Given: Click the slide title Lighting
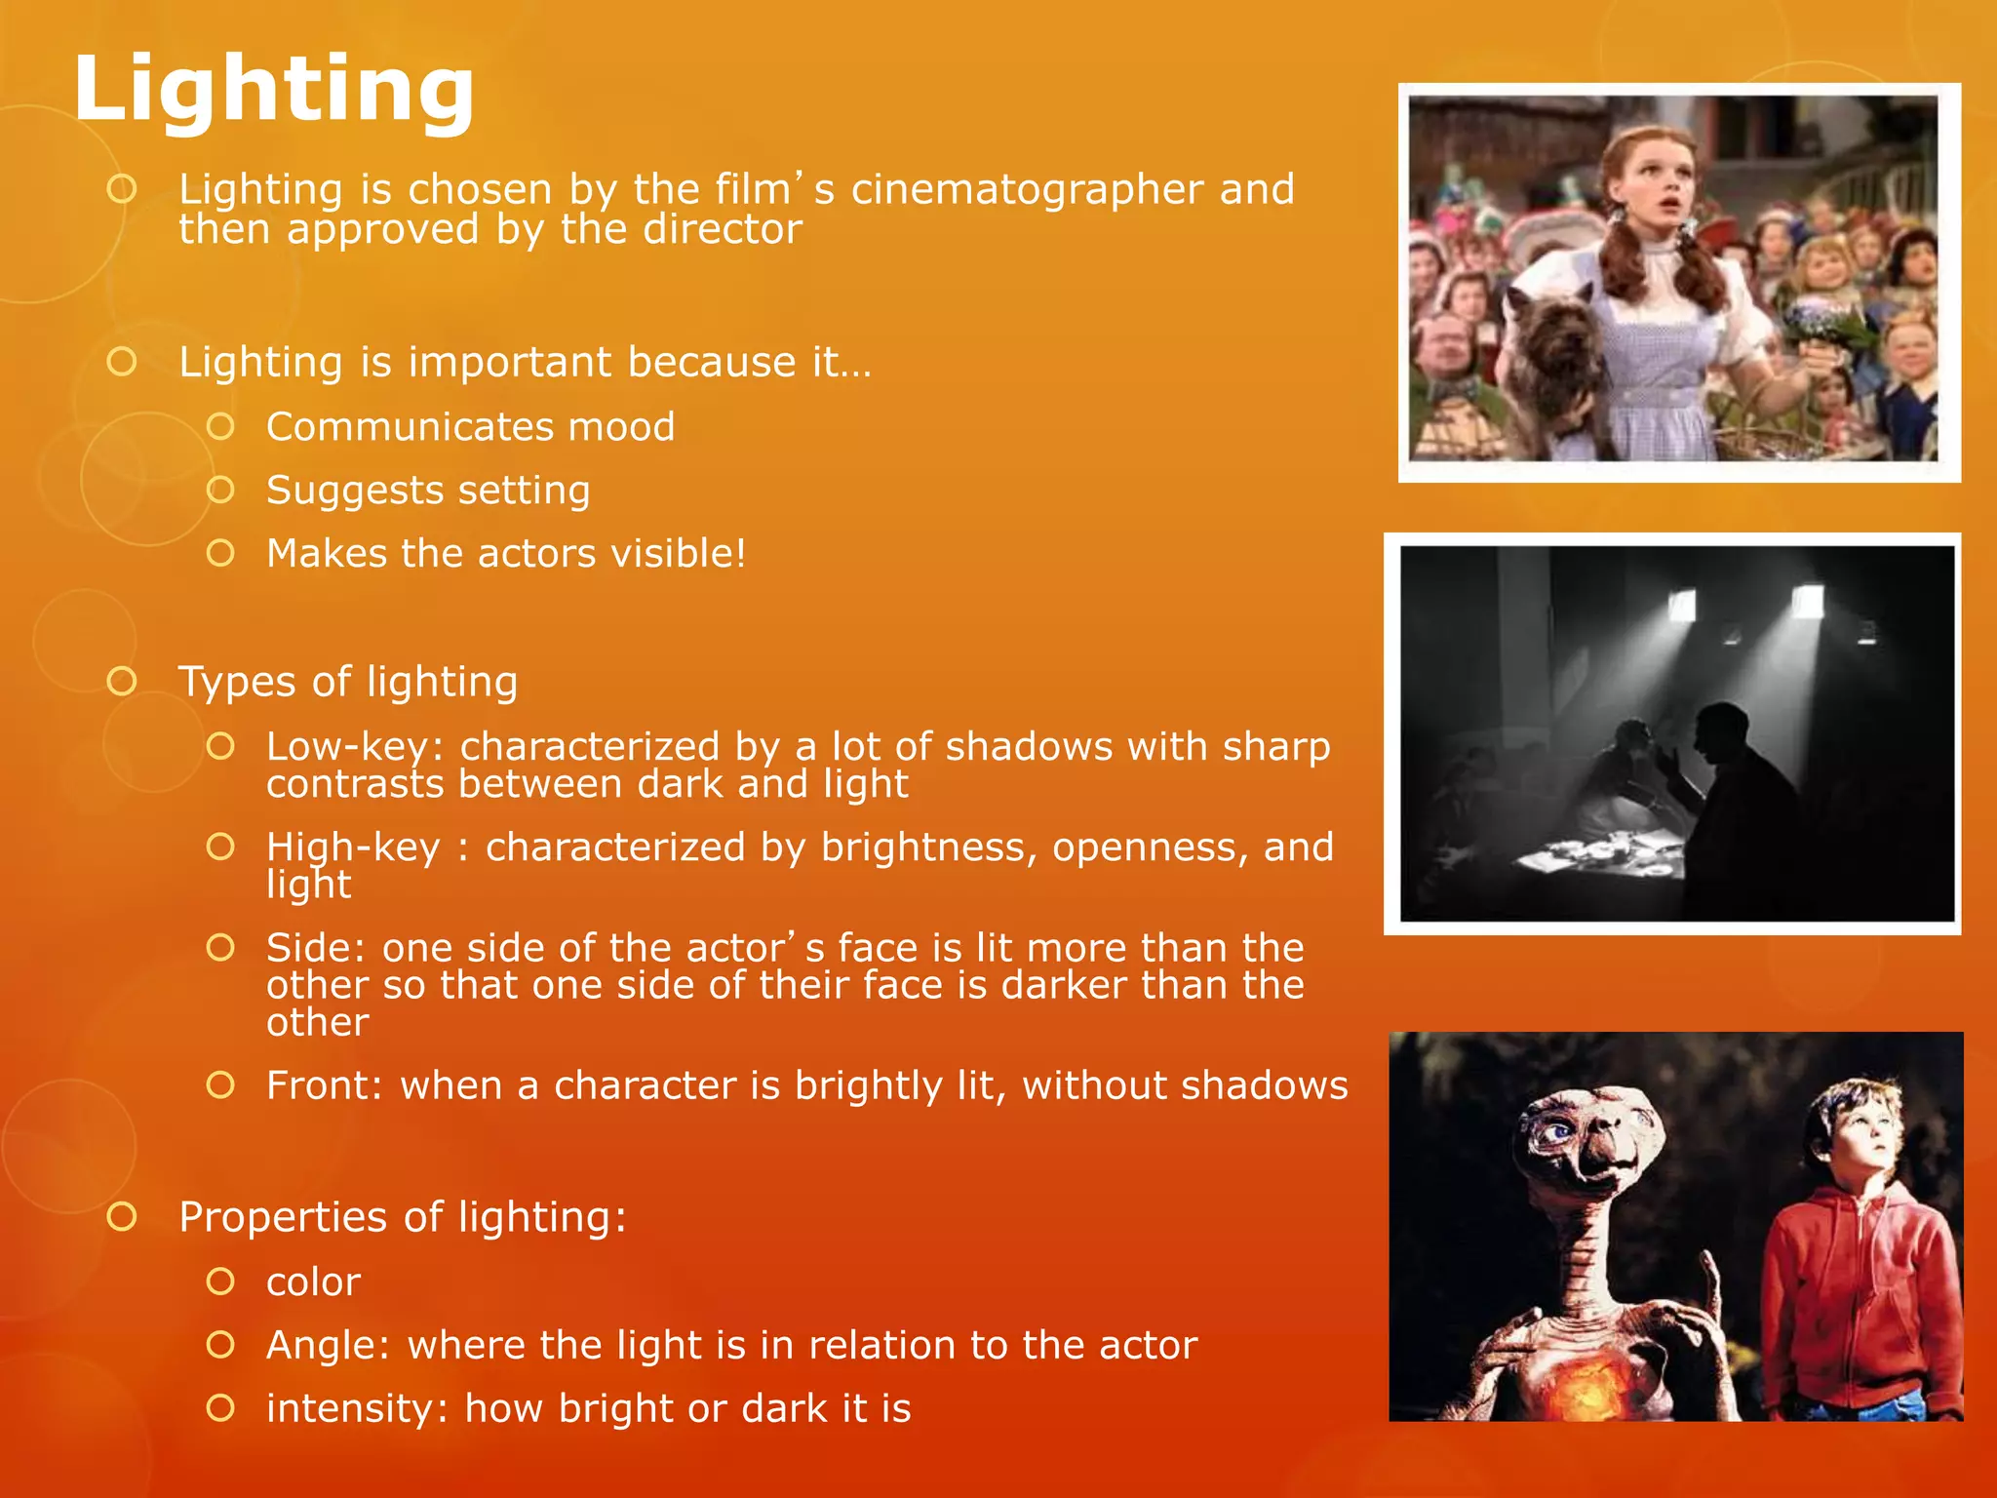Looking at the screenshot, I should (x=274, y=90).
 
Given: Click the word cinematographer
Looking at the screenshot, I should (x=1027, y=189).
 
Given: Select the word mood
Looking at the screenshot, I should (x=621, y=427).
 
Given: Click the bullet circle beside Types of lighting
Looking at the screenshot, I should (x=122, y=681).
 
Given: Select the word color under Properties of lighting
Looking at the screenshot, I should (x=313, y=1282).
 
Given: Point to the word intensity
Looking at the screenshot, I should (x=351, y=1409).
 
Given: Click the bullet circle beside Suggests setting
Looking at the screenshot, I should (x=221, y=490).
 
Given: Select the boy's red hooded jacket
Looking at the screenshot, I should (x=1853, y=1287).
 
